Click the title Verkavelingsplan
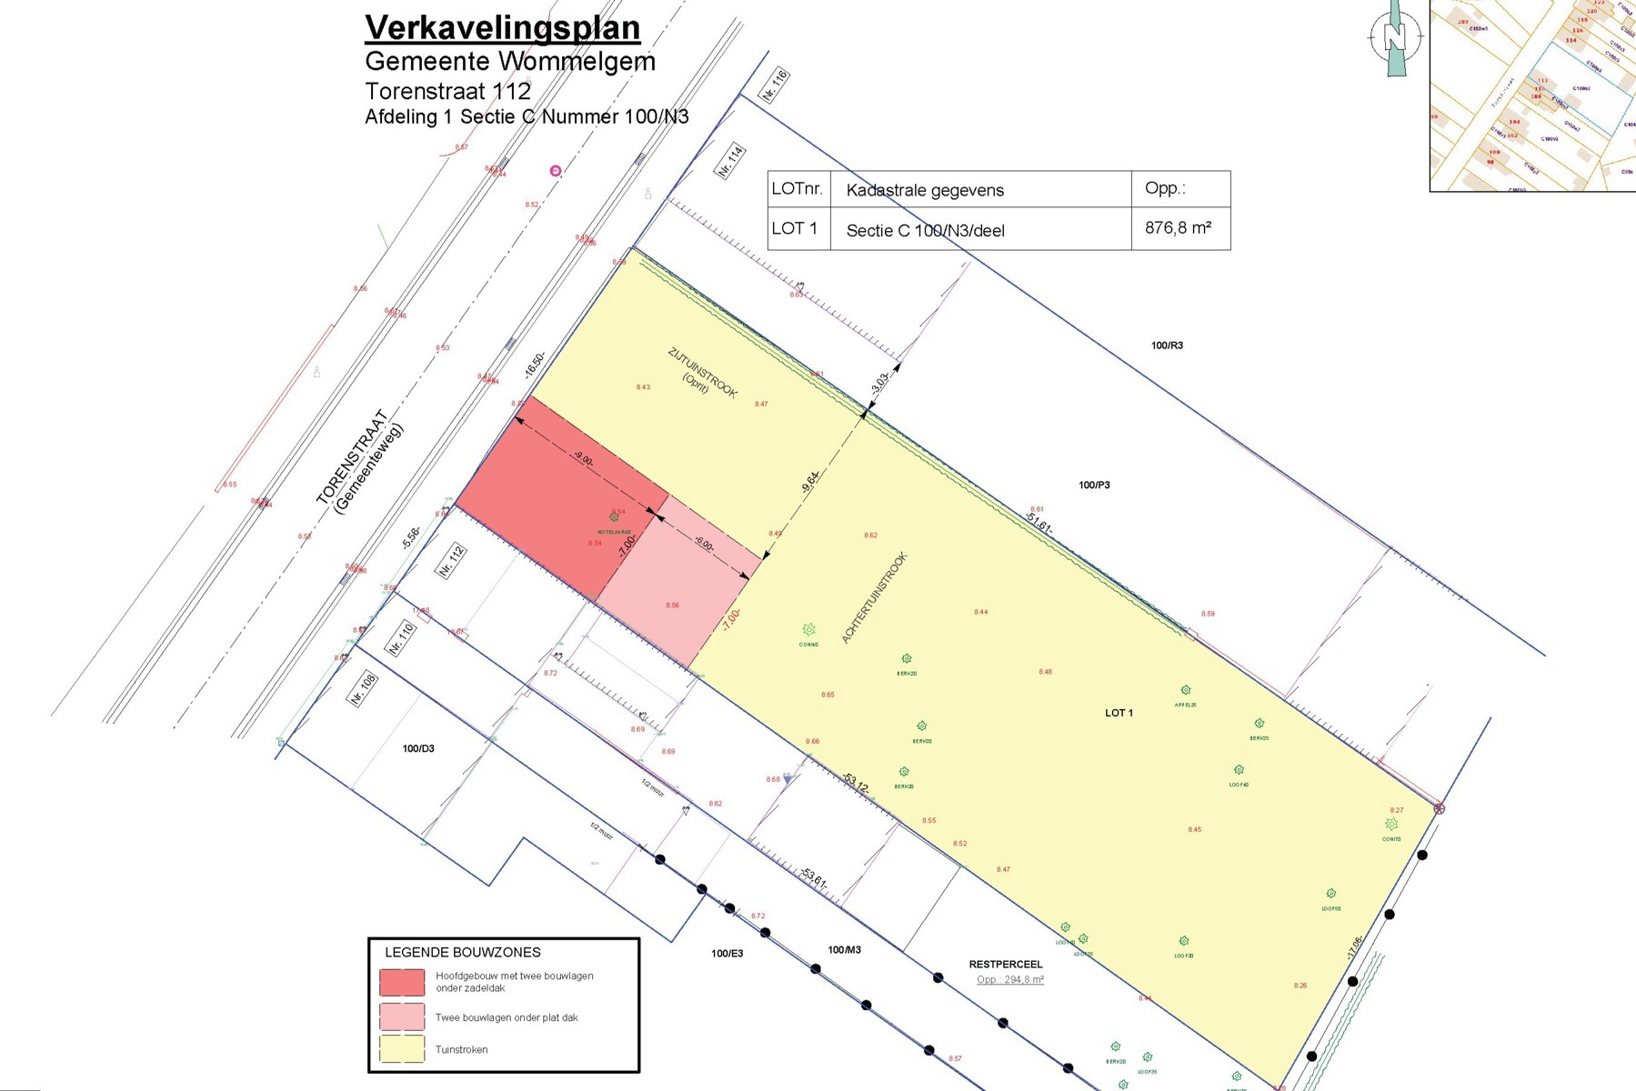[502, 28]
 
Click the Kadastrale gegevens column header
[925, 190]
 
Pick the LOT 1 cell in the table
[795, 228]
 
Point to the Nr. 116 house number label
[774, 85]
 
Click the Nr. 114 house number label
[731, 161]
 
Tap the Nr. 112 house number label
[451, 561]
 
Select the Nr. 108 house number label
[363, 688]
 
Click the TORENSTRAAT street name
[352, 457]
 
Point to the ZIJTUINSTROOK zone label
[702, 372]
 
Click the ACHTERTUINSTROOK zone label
[874, 598]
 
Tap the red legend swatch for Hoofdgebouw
[402, 982]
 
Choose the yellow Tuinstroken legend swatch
[402, 1049]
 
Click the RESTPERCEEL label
[1006, 964]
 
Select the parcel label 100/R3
[1167, 345]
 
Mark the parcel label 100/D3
[418, 748]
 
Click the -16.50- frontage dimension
[534, 365]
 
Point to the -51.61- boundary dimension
[1039, 524]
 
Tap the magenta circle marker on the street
[556, 171]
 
